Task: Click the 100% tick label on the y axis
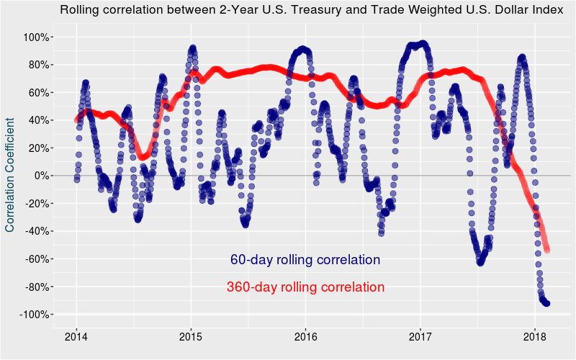point(33,37)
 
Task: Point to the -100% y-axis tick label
point(32,315)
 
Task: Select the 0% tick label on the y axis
point(40,176)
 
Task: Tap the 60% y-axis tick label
point(36,92)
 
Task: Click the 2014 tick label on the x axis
point(76,336)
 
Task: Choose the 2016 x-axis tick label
point(306,336)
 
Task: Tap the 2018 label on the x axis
point(535,336)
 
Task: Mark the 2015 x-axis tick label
point(191,336)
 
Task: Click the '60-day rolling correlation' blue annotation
point(305,260)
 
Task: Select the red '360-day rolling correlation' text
point(305,287)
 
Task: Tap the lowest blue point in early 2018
point(546,303)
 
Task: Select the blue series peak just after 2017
point(422,44)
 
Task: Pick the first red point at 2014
point(77,120)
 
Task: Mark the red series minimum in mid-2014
point(143,156)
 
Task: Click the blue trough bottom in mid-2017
point(480,262)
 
